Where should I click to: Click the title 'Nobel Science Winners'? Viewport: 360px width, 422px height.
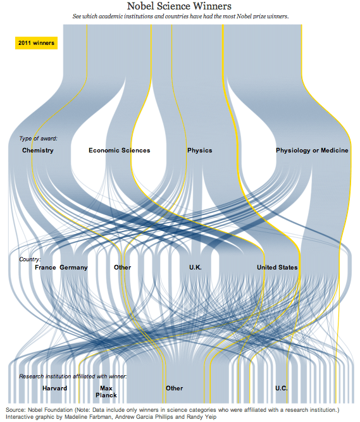[179, 6]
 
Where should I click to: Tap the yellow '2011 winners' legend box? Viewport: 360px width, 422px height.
[36, 43]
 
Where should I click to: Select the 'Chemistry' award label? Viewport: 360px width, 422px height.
[38, 151]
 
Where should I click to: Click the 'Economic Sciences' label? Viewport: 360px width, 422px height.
[120, 151]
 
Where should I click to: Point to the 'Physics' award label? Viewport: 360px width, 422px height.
[200, 151]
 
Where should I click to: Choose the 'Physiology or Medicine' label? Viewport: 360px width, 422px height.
[312, 151]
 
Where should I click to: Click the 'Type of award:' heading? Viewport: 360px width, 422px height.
[38, 139]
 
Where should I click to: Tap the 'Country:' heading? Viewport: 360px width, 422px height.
[30, 259]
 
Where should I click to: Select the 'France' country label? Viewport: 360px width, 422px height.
[45, 268]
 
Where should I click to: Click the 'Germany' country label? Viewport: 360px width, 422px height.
[74, 268]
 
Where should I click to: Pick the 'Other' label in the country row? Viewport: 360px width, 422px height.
[122, 268]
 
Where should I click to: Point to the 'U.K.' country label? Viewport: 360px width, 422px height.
[196, 268]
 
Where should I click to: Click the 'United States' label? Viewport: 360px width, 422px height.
[277, 268]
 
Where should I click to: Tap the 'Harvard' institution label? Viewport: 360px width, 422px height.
[54, 388]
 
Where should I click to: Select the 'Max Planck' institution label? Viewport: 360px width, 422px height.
[106, 392]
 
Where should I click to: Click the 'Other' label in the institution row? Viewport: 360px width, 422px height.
[175, 388]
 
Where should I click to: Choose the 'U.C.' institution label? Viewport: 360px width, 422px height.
[282, 388]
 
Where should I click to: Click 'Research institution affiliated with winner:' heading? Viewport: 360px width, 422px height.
[73, 376]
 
